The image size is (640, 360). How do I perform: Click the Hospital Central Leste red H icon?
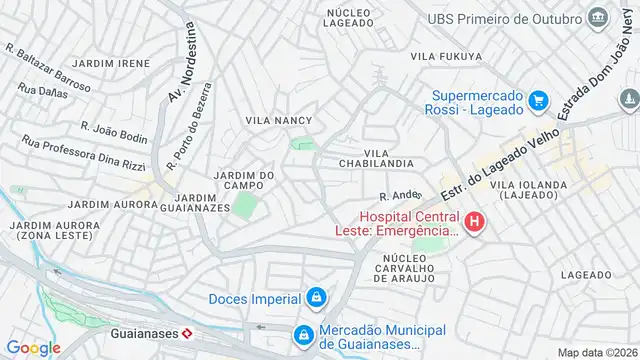[x=475, y=221]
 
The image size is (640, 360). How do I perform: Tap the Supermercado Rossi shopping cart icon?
[x=538, y=99]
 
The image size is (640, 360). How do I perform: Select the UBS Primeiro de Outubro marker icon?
[x=598, y=18]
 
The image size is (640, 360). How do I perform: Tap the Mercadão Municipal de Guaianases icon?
[x=303, y=334]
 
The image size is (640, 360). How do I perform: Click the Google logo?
[x=34, y=347]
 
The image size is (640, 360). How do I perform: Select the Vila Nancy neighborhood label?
[x=279, y=120]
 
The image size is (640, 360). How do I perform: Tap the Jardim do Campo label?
[x=245, y=181]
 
